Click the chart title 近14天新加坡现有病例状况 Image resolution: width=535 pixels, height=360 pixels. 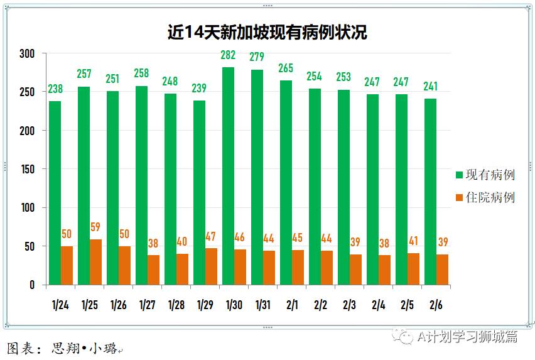[x=267, y=32]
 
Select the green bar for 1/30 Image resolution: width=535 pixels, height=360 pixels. [x=228, y=176]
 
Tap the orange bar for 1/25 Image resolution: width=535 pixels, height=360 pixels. [x=95, y=262]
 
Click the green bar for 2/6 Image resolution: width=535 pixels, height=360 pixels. [x=430, y=192]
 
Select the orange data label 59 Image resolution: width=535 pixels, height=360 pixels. [x=95, y=227]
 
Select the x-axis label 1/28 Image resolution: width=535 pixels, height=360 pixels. [x=176, y=305]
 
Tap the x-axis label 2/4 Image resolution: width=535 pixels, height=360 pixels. [x=378, y=305]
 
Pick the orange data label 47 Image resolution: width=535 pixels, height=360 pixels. [x=211, y=237]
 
